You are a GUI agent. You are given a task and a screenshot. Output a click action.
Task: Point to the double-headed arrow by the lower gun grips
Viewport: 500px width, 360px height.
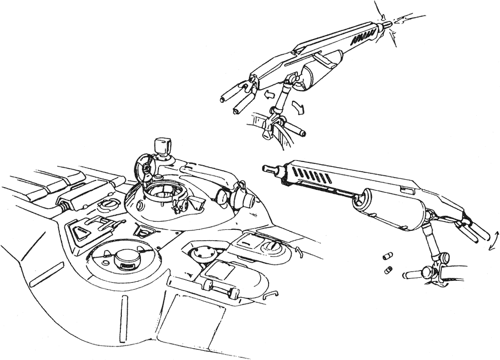493,240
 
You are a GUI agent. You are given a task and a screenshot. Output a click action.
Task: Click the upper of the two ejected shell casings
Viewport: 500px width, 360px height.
386,256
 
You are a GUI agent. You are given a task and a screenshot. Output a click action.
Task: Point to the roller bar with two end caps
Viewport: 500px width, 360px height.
221,288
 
